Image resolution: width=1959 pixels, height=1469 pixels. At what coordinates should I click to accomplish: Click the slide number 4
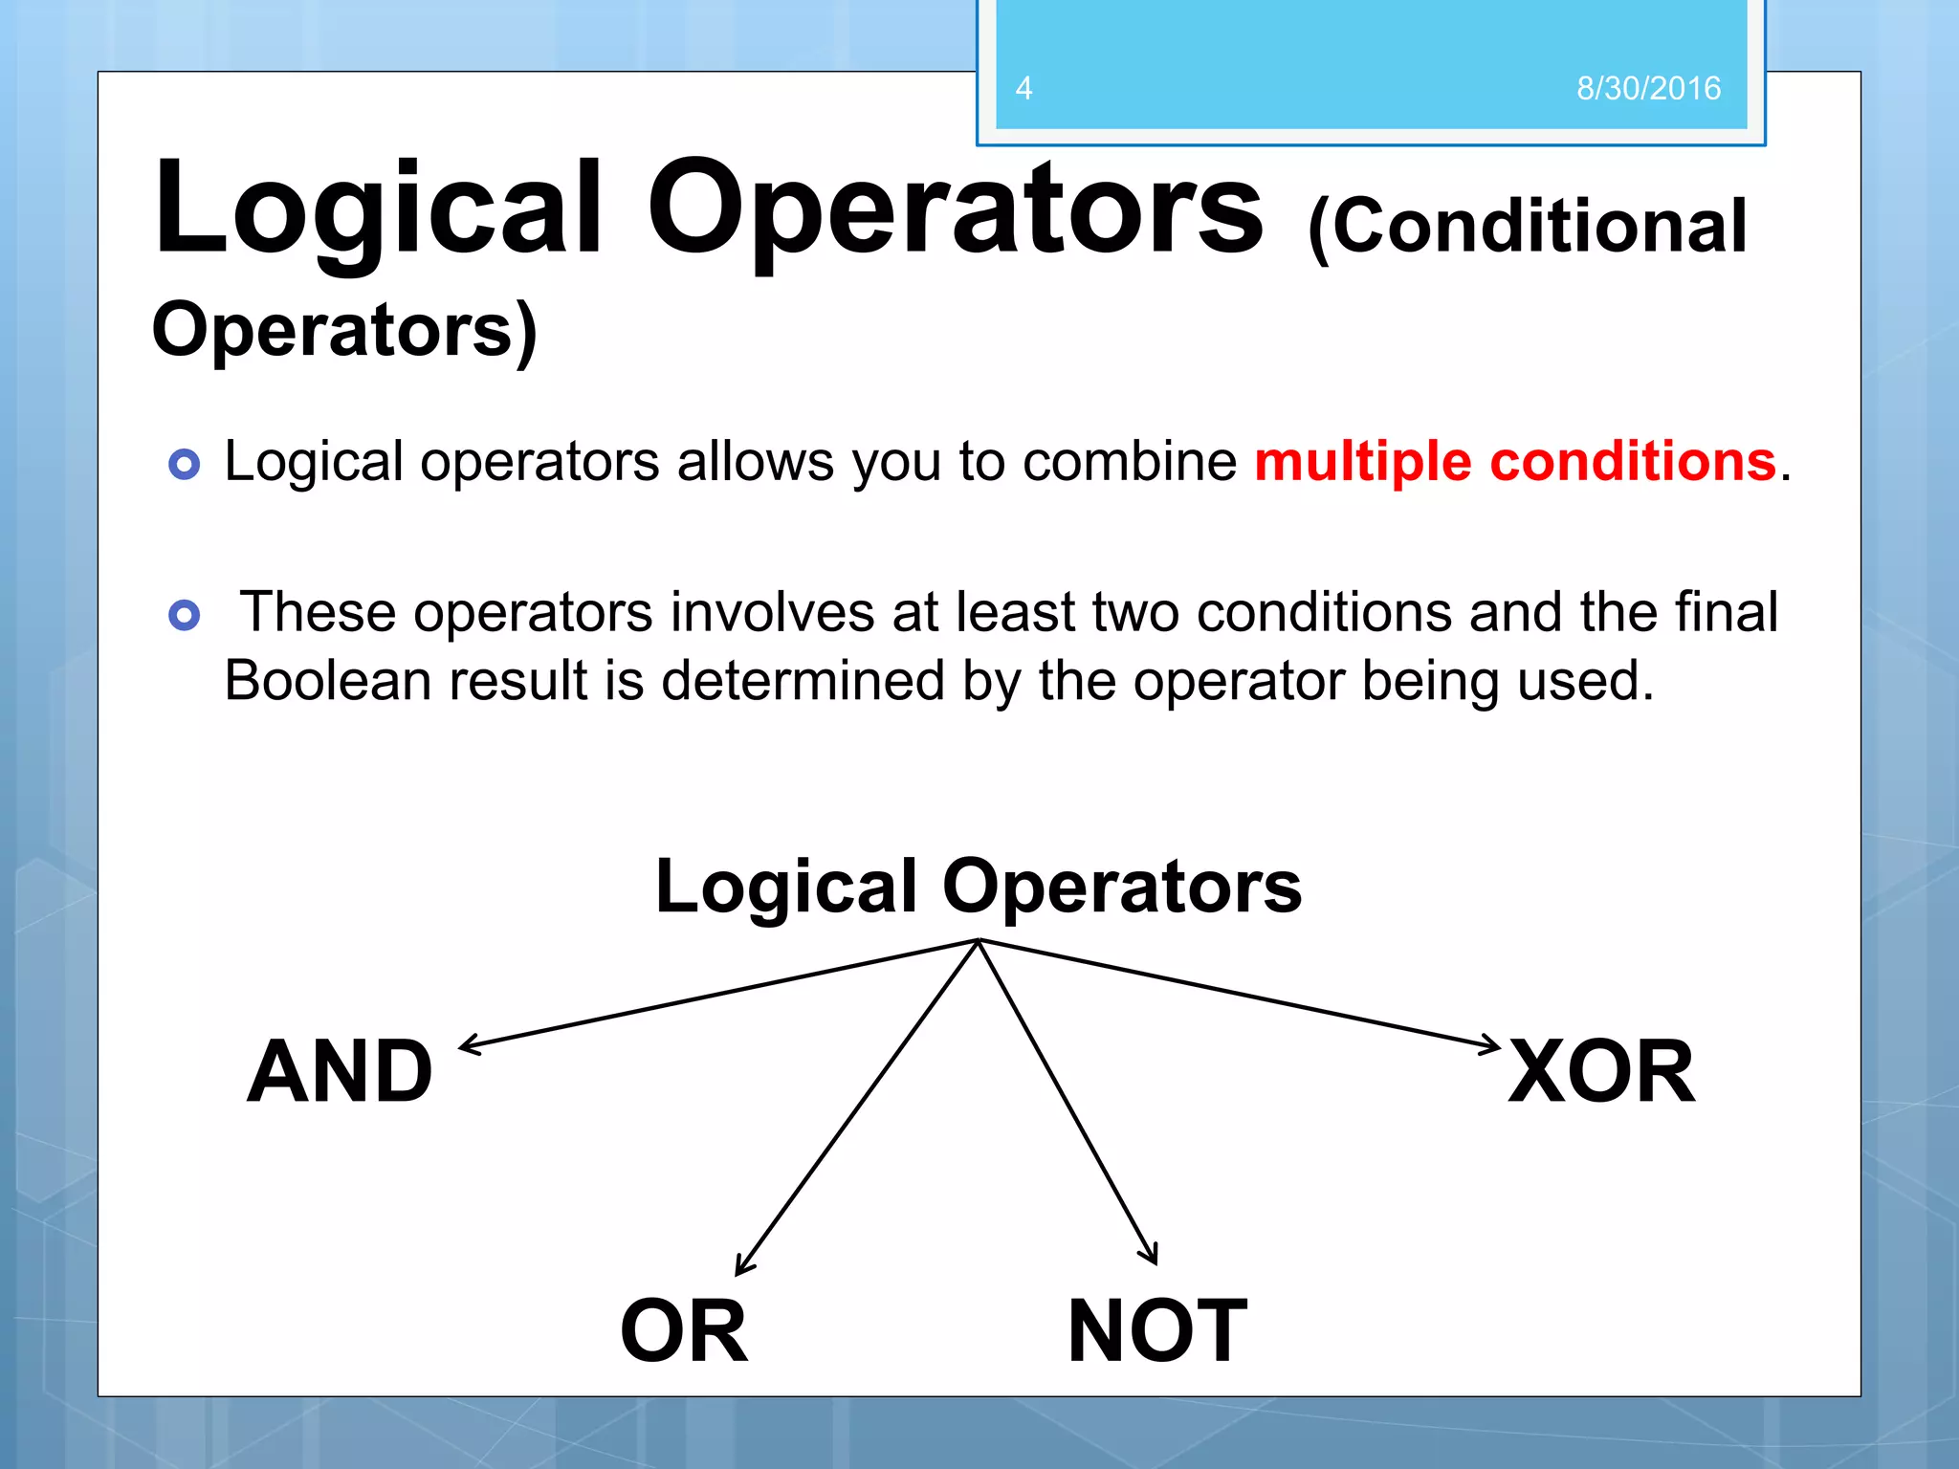[1024, 88]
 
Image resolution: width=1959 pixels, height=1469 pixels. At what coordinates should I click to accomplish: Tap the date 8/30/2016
[1648, 88]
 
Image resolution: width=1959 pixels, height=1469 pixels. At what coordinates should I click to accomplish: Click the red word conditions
[1633, 462]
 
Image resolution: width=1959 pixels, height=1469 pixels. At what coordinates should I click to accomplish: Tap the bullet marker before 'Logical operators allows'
[184, 465]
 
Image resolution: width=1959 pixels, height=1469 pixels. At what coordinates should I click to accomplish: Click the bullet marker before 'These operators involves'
[184, 615]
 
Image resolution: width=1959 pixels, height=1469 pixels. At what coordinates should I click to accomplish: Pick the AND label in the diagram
[341, 1072]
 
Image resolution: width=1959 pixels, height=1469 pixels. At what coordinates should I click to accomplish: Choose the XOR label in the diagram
[1601, 1072]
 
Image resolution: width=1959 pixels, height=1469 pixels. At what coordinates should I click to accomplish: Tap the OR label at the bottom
[684, 1331]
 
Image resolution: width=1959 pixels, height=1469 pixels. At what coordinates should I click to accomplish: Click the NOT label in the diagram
[1157, 1331]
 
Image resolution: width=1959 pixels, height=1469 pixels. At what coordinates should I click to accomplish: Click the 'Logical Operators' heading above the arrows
[978, 887]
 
